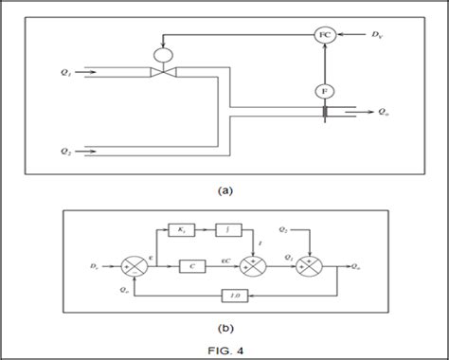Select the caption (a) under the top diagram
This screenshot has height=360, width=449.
(224, 189)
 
